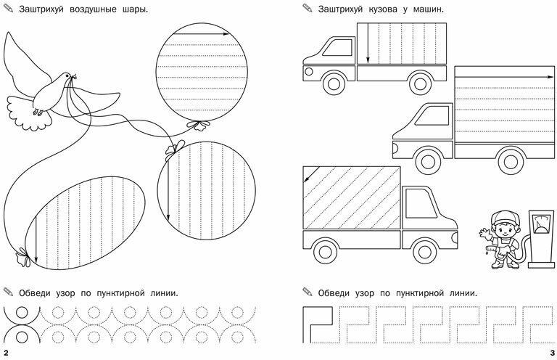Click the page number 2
tap(6, 353)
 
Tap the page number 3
tap(550, 353)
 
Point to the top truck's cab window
tap(335, 49)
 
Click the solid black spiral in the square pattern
tap(316, 322)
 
